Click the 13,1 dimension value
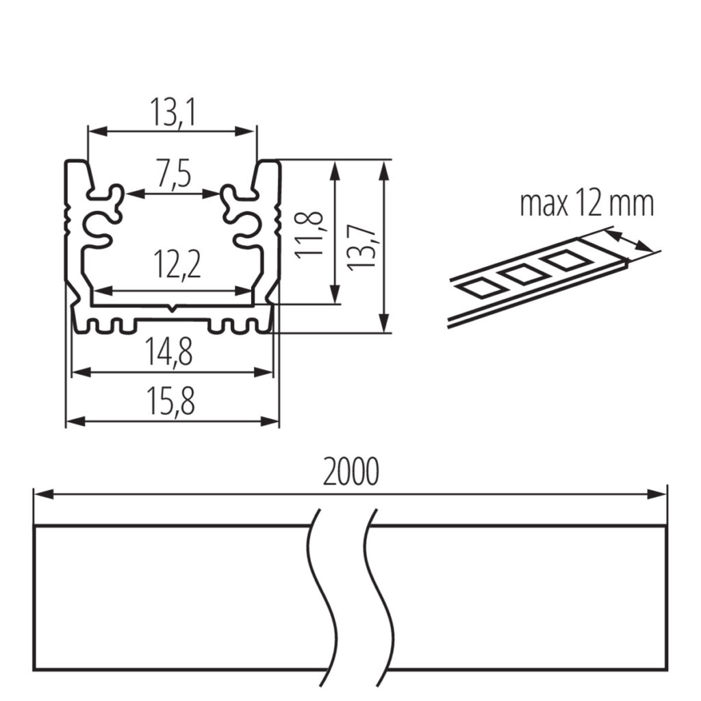coord(173,113)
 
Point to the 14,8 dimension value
coord(168,352)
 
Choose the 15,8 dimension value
coord(170,401)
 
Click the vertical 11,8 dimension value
coord(309,234)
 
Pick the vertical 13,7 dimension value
coord(360,247)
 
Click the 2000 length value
coord(350,472)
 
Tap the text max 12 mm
coord(587,204)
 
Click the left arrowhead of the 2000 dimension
coord(43,494)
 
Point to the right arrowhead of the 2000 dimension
coord(657,494)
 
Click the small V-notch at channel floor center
coord(173,309)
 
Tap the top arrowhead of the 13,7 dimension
coord(383,170)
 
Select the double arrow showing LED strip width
coord(629,240)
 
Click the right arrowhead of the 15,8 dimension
coord(270,421)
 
